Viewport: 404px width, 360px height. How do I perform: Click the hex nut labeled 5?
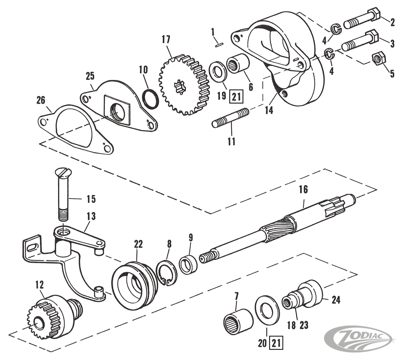(x=378, y=58)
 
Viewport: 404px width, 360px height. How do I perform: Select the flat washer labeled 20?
(x=267, y=310)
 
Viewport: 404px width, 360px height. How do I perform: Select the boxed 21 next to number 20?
(x=276, y=342)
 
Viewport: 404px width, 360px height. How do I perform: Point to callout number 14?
(x=269, y=111)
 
